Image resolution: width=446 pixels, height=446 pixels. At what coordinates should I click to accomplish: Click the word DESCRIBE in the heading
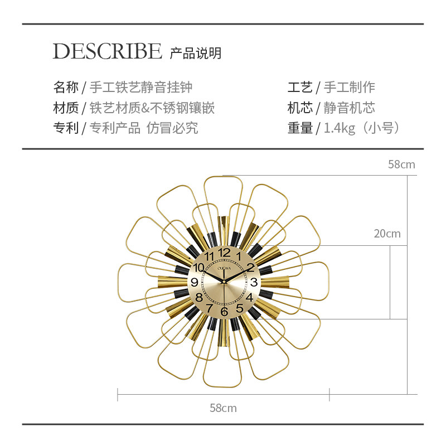[107, 51]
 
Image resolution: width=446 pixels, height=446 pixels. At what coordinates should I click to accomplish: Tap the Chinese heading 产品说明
[196, 53]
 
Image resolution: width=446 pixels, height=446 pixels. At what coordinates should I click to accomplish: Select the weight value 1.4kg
[340, 128]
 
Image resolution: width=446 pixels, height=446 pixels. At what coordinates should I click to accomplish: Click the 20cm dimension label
[387, 234]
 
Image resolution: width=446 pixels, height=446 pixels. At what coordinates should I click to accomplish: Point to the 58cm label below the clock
[223, 408]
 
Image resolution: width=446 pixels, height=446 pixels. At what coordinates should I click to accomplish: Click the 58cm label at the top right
[401, 164]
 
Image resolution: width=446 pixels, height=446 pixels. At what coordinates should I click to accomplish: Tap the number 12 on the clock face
[224, 253]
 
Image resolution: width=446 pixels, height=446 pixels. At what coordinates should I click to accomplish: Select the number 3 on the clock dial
[254, 282]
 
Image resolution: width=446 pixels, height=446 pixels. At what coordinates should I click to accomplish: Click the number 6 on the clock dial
[224, 312]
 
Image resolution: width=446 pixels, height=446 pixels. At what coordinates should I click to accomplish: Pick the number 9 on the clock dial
[195, 282]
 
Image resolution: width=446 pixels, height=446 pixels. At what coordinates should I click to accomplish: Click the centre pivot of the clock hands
[224, 282]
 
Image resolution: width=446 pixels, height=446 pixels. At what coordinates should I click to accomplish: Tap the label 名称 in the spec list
[65, 87]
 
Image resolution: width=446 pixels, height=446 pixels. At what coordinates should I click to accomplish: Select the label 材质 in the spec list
[65, 108]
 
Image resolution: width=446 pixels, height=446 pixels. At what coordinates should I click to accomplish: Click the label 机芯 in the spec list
[300, 108]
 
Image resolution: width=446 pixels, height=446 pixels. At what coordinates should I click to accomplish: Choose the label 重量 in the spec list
[300, 128]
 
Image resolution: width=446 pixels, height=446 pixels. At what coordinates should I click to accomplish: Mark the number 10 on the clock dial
[198, 268]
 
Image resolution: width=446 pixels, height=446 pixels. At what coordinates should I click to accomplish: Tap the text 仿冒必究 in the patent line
[172, 128]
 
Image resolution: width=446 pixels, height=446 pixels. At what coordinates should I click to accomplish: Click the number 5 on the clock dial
[239, 308]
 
